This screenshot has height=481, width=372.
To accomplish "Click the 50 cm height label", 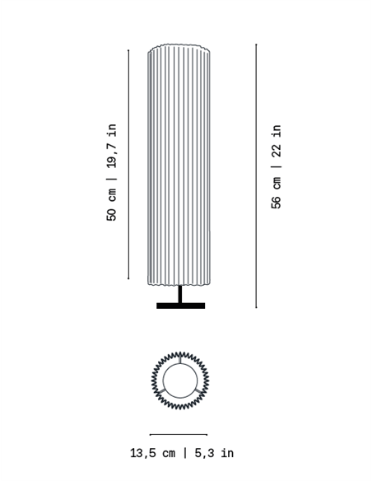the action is click(x=112, y=205).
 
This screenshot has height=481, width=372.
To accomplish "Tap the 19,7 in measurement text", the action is click(x=112, y=146).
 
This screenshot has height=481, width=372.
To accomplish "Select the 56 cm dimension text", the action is click(x=276, y=193).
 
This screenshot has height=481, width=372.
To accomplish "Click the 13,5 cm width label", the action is click(x=153, y=453).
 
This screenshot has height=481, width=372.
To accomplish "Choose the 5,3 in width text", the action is click(x=214, y=453).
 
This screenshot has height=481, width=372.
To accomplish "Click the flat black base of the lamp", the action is click(x=181, y=306).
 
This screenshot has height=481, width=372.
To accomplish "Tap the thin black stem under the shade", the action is click(x=180, y=294).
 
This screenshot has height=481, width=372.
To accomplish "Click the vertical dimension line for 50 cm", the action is click(x=128, y=165).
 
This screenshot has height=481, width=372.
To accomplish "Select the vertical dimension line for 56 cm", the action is click(x=256, y=175).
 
